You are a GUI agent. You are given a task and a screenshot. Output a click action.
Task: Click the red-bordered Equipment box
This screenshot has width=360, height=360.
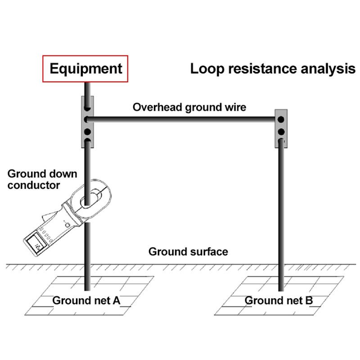85,68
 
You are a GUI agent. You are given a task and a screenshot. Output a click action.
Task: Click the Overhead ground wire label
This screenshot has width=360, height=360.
189,108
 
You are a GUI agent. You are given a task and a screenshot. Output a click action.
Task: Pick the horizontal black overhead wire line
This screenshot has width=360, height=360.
184,119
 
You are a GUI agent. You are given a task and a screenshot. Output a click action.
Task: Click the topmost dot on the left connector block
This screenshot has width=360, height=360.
87,109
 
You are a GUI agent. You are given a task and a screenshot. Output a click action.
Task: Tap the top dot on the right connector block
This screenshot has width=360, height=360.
281,120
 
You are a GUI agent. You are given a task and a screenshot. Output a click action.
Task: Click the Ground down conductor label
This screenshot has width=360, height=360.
43,179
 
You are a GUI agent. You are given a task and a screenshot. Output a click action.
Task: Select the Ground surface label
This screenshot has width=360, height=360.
188,251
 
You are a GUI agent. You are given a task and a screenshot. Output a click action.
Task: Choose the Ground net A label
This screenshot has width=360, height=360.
86,300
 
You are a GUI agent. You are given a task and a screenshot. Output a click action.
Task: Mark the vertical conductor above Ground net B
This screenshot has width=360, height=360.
282,202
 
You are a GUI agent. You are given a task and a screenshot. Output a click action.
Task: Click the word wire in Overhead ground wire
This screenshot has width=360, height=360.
236,108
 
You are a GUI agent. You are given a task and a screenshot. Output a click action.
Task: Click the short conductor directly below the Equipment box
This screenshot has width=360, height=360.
87,89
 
